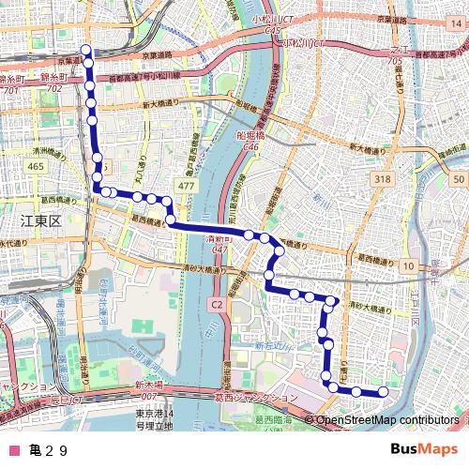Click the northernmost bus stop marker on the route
tap(86, 50)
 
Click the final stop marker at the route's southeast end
tap(383, 391)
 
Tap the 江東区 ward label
tap(40, 220)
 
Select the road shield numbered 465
tap(36, 166)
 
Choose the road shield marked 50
tap(457, 179)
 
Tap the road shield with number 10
tap(408, 267)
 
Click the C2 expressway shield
tap(216, 304)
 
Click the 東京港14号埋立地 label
tap(154, 420)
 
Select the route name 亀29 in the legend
tap(49, 450)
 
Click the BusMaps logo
tap(423, 449)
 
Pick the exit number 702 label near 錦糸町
tap(53, 89)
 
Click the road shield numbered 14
tap(168, 414)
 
